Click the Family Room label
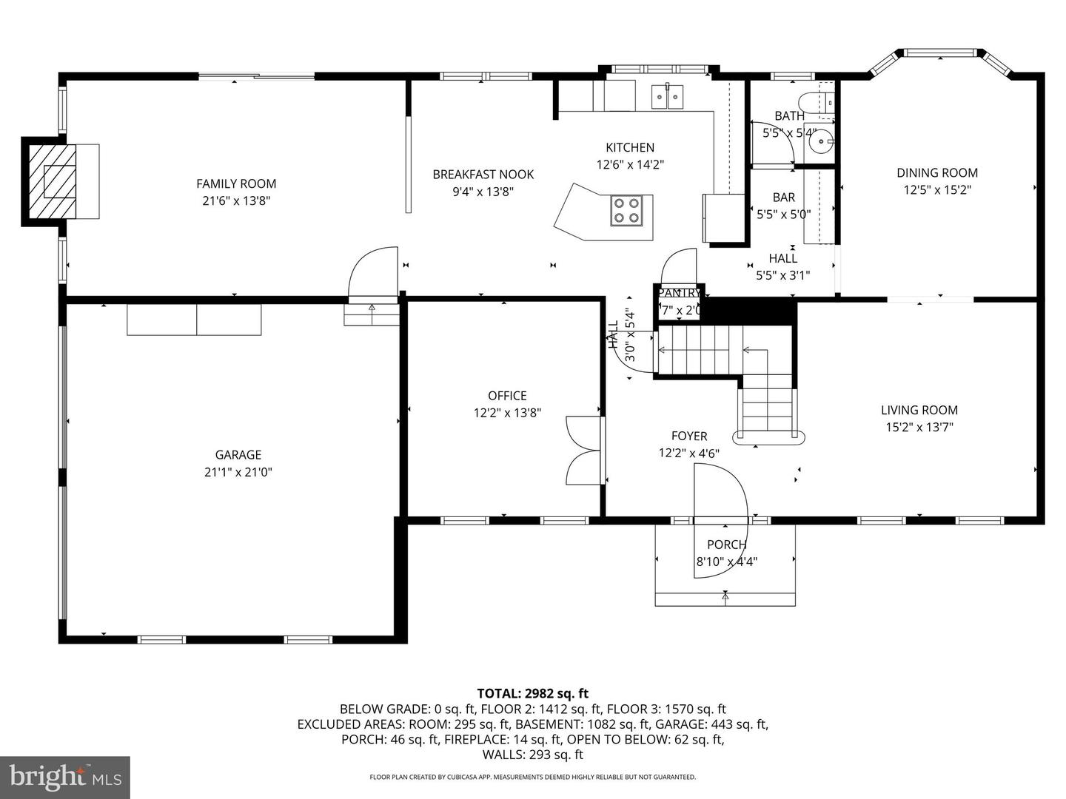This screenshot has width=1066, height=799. pyautogui.click(x=236, y=183)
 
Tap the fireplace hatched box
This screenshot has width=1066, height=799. pyautogui.click(x=53, y=181)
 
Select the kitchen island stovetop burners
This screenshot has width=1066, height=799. pyautogui.click(x=626, y=209)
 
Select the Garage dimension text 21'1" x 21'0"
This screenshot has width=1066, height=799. pyautogui.click(x=238, y=472)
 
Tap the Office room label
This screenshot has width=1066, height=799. pyautogui.click(x=507, y=396)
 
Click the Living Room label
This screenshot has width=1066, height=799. pyautogui.click(x=919, y=410)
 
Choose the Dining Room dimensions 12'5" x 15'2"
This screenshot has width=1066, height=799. pyautogui.click(x=937, y=189)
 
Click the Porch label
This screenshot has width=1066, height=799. pyautogui.click(x=726, y=545)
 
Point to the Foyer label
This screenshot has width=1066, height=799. pyautogui.click(x=688, y=436)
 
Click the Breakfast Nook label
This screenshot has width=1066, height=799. pyautogui.click(x=483, y=175)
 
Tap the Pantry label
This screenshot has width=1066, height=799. pyautogui.click(x=679, y=293)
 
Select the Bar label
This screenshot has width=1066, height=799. pyautogui.click(x=783, y=198)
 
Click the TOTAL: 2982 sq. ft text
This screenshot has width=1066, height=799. pyautogui.click(x=532, y=693)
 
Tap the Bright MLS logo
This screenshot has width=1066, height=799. pyautogui.click(x=65, y=777)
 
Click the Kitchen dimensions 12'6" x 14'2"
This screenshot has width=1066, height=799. pyautogui.click(x=630, y=164)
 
